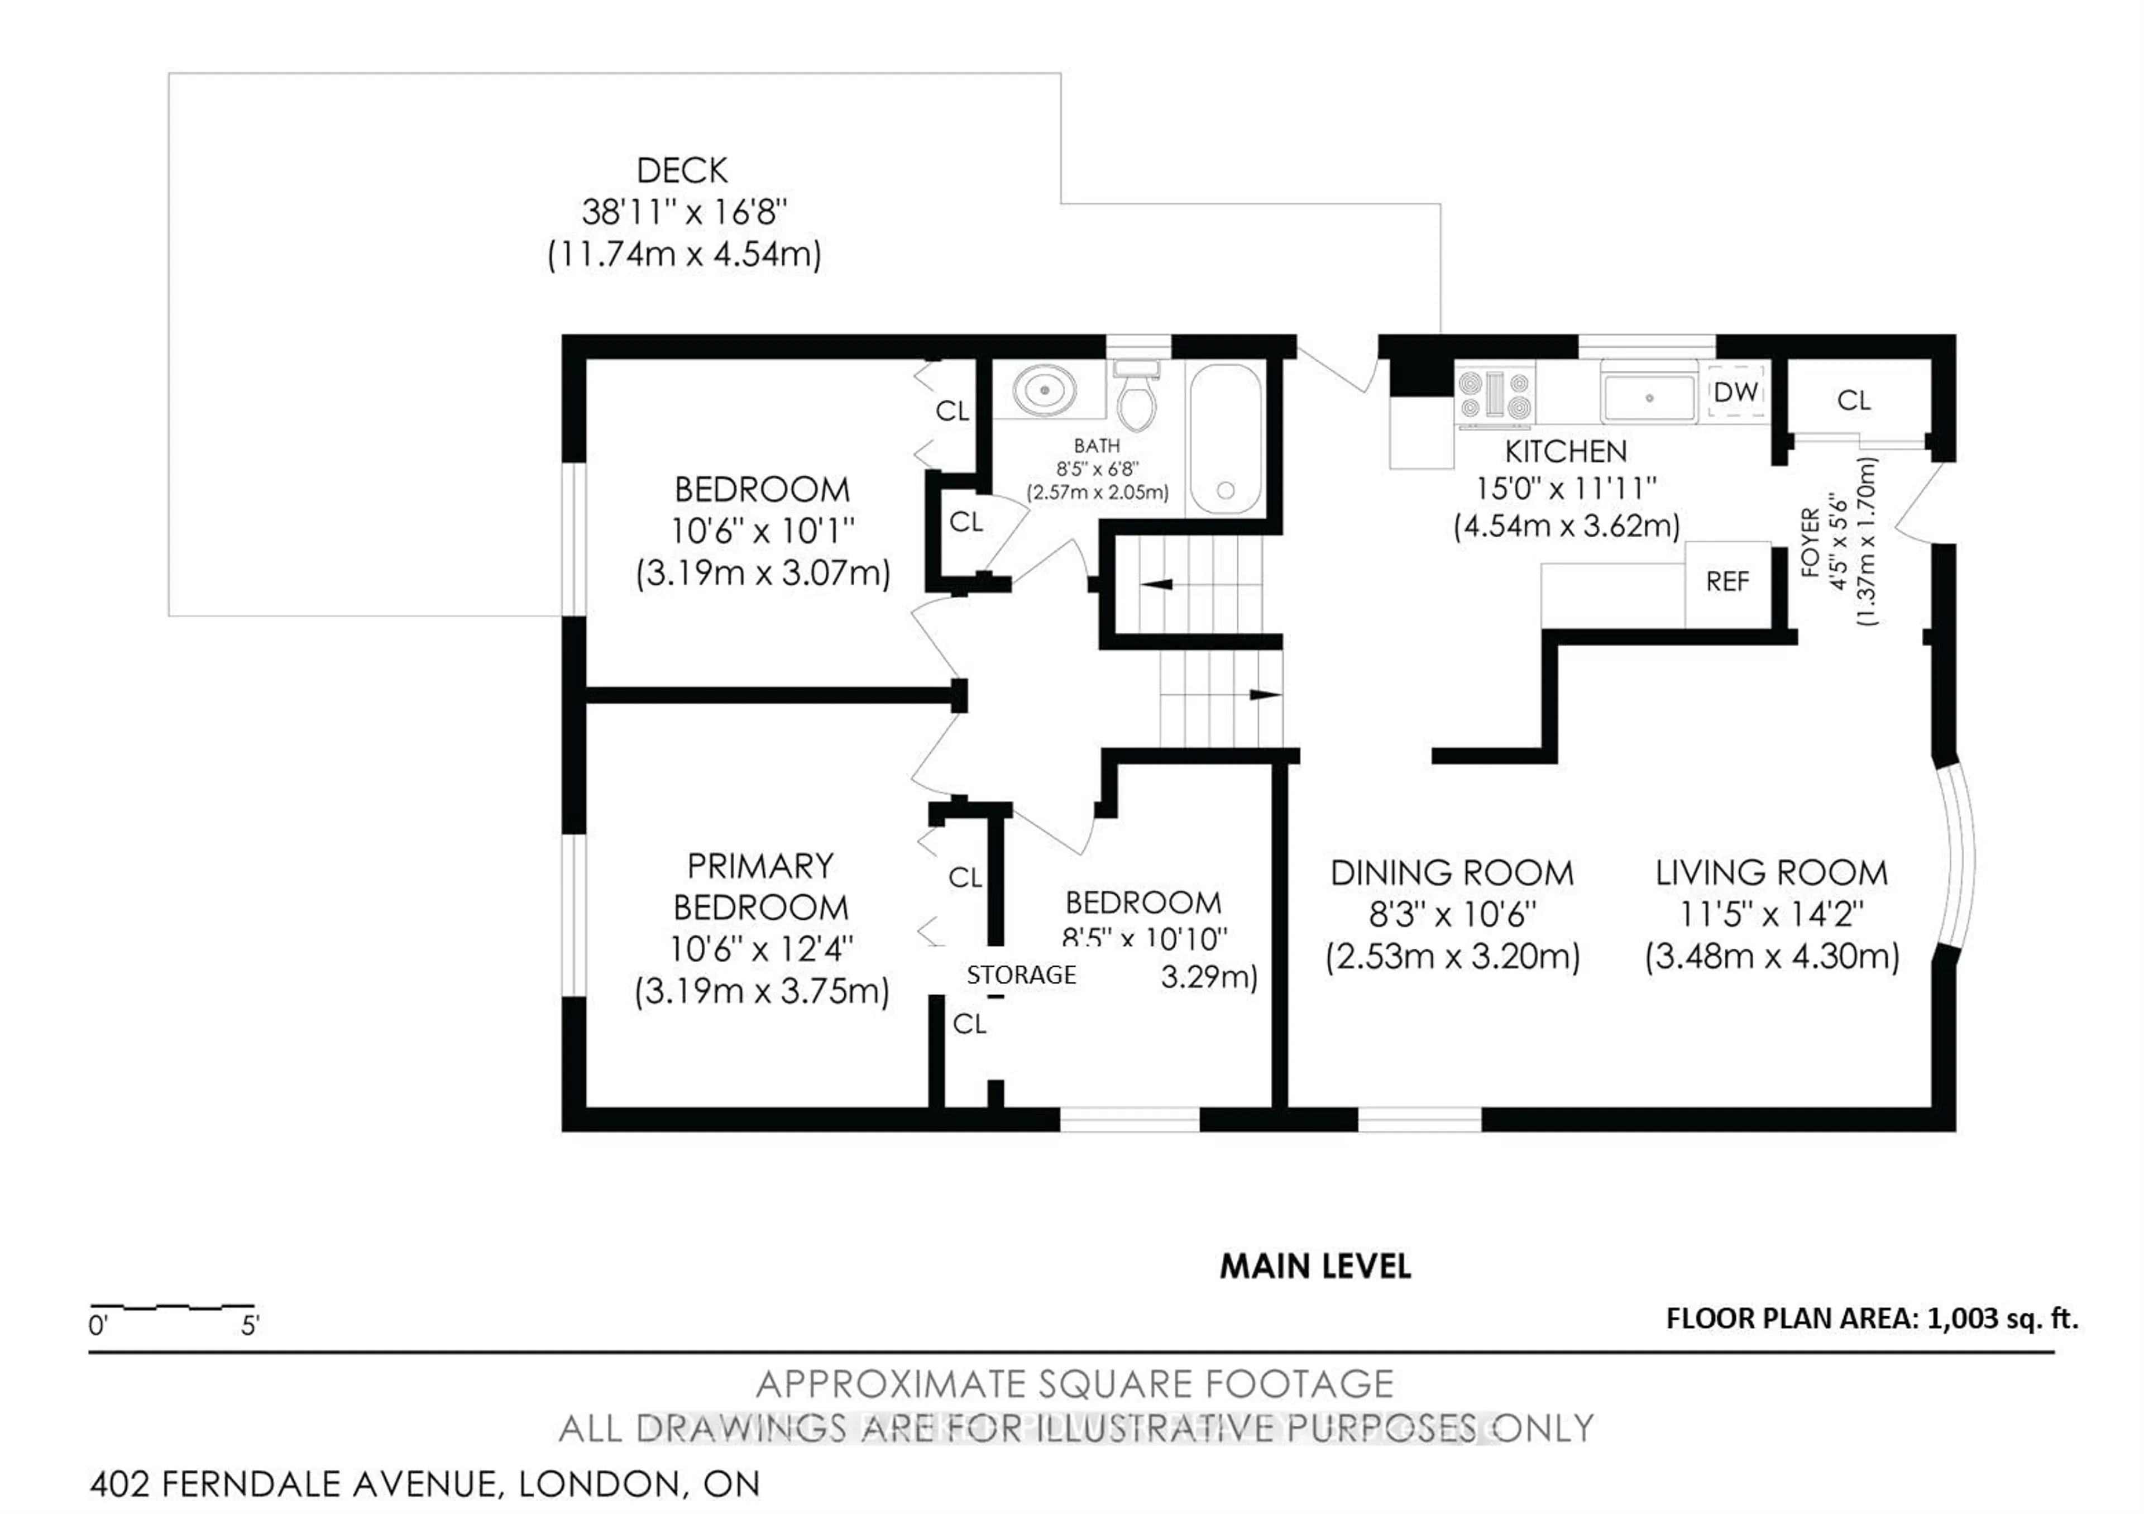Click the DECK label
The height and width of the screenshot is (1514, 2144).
[x=682, y=171]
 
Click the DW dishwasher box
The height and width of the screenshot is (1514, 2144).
[x=1736, y=392]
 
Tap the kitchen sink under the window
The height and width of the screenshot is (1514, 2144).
[x=1649, y=398]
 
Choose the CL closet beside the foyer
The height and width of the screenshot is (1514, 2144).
[x=1854, y=400]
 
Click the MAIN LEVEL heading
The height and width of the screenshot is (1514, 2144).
[x=1315, y=1267]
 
